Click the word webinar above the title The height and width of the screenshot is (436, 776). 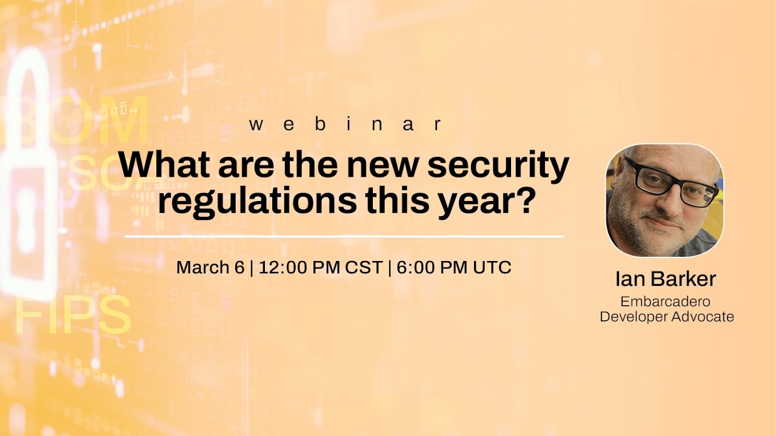346,124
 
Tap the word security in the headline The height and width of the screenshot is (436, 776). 498,165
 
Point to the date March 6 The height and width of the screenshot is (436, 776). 210,267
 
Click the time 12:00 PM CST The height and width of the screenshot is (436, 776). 321,267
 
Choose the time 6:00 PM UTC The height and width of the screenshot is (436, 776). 454,267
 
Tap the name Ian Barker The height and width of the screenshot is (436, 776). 665,279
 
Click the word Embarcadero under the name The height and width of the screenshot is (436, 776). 665,301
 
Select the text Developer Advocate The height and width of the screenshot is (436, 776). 666,316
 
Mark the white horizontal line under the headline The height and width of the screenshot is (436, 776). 344,236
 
